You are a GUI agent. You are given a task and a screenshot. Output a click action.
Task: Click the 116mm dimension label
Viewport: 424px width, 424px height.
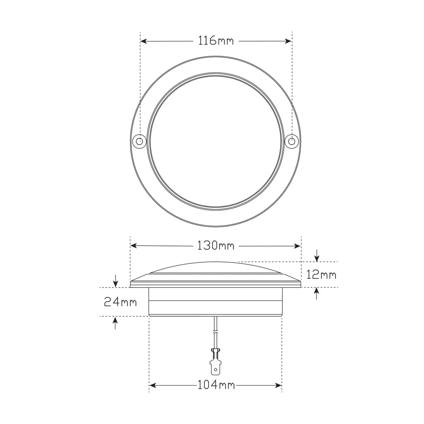[216, 41]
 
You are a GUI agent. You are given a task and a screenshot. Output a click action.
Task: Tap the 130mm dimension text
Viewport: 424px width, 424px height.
[216, 246]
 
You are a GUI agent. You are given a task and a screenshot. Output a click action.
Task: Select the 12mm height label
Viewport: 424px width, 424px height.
[321, 275]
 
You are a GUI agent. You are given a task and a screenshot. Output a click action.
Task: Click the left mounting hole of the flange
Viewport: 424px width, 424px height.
[139, 141]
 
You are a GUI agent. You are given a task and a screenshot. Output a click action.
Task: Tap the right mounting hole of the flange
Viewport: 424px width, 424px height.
[292, 141]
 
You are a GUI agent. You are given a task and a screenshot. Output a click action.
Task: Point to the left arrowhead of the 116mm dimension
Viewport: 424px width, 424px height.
[144, 41]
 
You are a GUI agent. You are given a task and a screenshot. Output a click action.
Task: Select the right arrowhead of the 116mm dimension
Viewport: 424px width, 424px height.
[288, 41]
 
